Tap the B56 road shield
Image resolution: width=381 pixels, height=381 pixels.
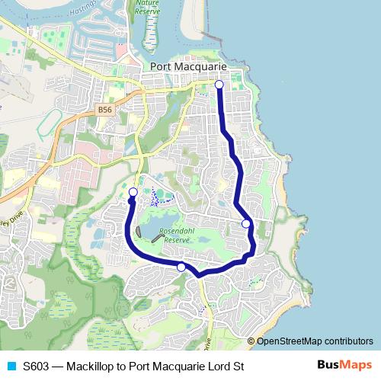point(106,110)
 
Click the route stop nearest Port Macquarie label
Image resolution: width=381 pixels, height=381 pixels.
point(219,85)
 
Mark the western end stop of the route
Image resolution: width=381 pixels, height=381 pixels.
point(133,192)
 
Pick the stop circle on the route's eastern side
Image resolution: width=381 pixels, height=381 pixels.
point(246,223)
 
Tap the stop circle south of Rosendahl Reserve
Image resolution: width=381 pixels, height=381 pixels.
point(181,267)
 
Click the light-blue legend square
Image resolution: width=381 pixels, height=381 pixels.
point(11,366)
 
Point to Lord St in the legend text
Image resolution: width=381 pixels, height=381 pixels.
point(228,366)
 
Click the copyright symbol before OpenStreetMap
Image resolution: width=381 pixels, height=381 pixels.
point(251,341)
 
